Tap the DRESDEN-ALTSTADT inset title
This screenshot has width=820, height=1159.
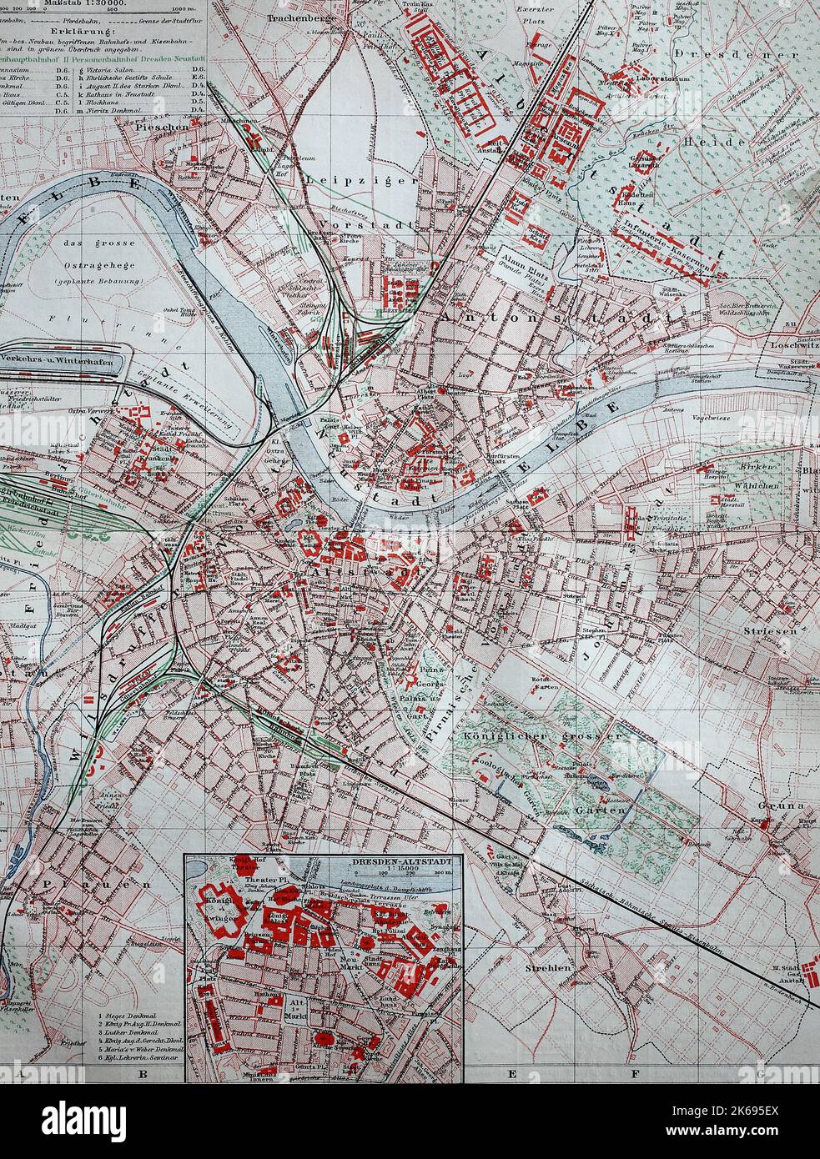point(405,863)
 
